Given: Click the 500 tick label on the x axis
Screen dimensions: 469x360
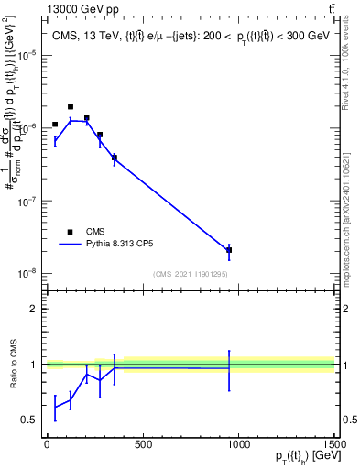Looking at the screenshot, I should coord(142,445).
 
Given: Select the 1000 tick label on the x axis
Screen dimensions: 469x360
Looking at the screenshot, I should coord(237,445).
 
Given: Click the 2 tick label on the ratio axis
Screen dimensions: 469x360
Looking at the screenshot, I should coord(34,309).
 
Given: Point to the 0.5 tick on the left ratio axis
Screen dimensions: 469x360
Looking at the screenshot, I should coord(30,420).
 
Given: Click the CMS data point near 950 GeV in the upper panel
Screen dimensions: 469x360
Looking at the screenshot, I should coord(229,250).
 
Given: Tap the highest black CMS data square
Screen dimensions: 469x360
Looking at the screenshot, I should coord(71,107).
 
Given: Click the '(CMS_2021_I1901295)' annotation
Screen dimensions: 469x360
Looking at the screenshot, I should coord(191,274).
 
